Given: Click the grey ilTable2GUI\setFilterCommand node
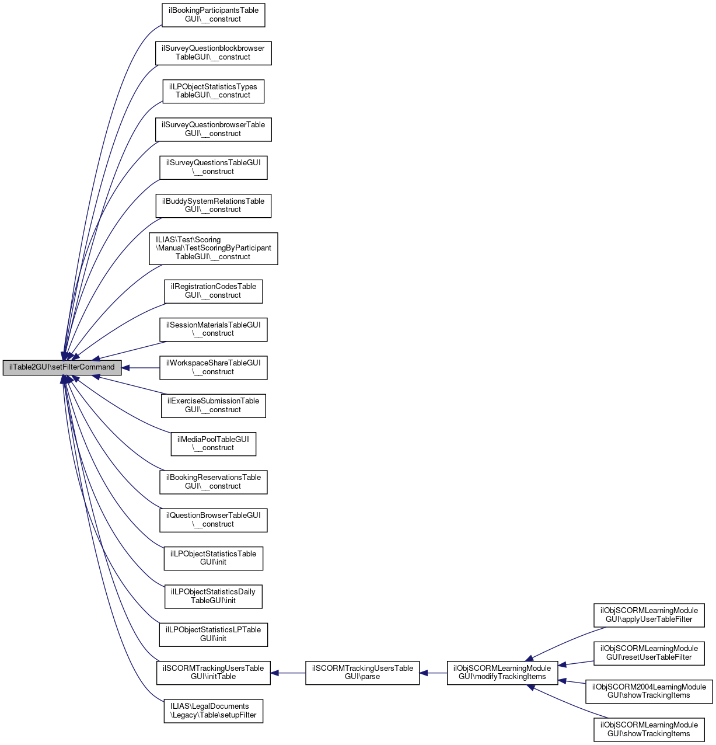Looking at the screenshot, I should [x=62, y=367].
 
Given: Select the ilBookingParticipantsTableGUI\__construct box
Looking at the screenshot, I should [x=213, y=15].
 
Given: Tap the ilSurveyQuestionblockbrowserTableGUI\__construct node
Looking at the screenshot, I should [x=213, y=53].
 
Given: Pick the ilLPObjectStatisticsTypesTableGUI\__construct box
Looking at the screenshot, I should [x=213, y=91].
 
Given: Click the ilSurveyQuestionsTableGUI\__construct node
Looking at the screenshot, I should [x=213, y=167].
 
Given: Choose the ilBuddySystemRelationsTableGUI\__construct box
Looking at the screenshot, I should [x=213, y=206].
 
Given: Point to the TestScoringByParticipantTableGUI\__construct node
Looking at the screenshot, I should [x=213, y=248].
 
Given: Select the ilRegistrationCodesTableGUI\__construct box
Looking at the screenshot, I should [x=213, y=291].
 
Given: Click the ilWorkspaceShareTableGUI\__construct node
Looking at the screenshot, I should [x=213, y=367].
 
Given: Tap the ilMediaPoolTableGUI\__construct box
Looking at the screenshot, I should [x=213, y=444].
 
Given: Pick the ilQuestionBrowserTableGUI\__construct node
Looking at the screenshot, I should [x=213, y=520].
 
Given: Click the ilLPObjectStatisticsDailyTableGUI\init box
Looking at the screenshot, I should [x=213, y=596].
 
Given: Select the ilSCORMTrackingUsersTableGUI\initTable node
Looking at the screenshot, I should [x=213, y=673].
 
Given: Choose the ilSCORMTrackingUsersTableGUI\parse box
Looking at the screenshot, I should [x=362, y=673].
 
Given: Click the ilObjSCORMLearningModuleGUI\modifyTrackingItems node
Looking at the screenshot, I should [x=502, y=673].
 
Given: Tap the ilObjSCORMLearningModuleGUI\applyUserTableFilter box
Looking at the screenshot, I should [x=649, y=615].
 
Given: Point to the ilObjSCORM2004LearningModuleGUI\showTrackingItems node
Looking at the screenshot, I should [x=649, y=691].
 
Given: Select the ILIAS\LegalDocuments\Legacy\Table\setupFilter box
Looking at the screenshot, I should [x=213, y=711].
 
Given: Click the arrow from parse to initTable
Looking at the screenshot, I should [x=288, y=673].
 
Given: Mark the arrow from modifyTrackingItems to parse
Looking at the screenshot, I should [x=433, y=673].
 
